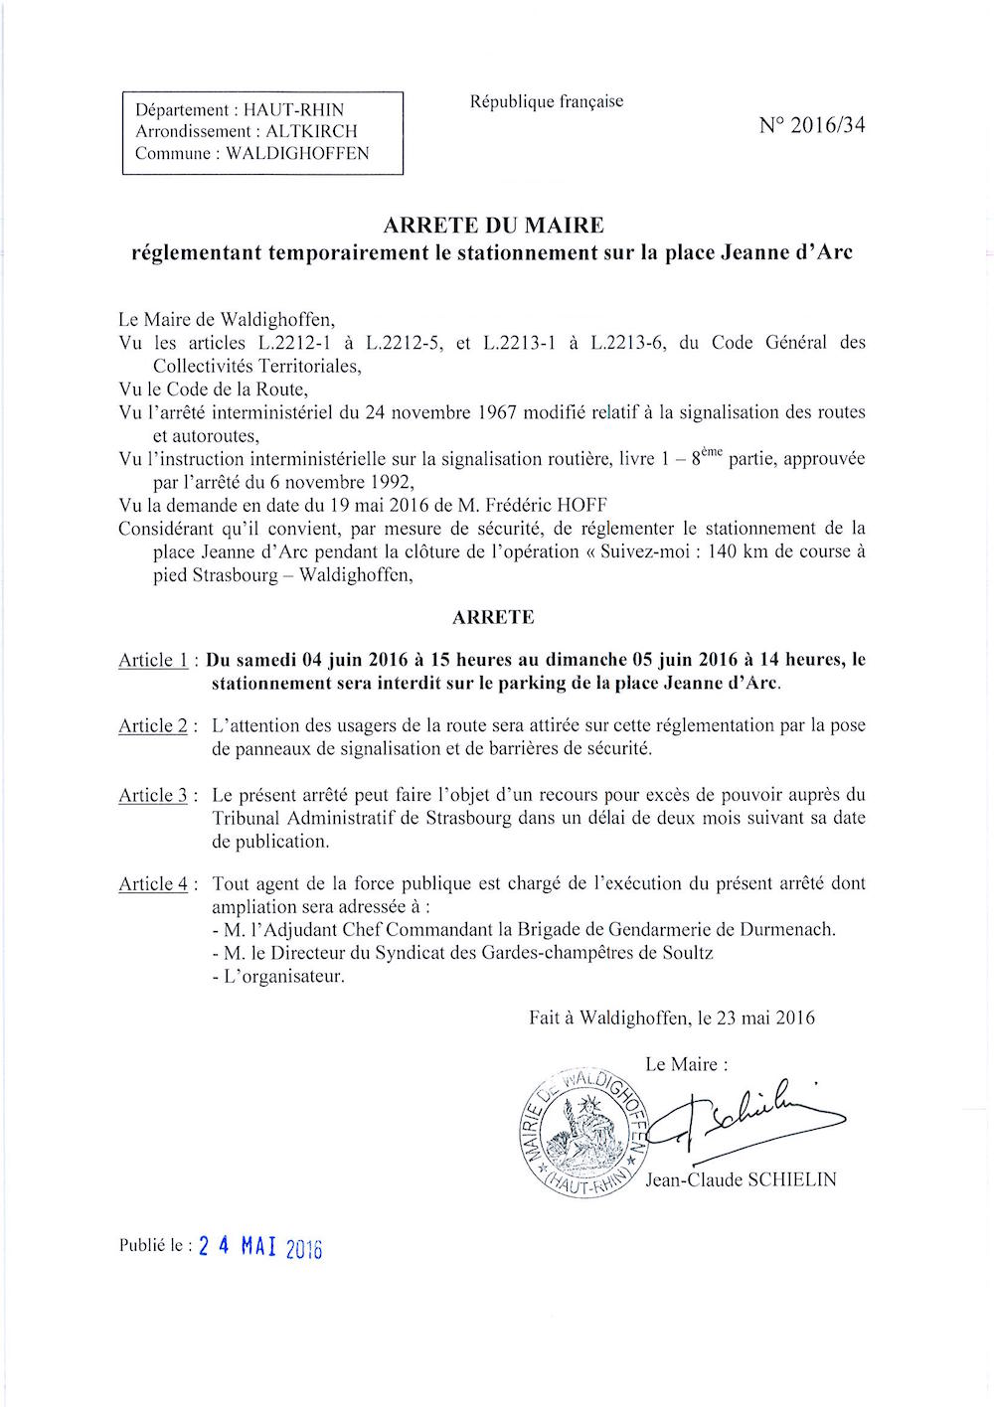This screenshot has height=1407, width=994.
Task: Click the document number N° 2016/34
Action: pos(811,125)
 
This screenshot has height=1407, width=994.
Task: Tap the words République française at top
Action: pos(547,101)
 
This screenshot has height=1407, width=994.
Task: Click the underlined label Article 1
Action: pos(153,661)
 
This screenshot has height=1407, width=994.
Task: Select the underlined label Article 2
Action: pos(153,726)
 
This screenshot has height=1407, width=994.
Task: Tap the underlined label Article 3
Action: pos(153,796)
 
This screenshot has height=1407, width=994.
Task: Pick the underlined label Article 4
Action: pos(153,884)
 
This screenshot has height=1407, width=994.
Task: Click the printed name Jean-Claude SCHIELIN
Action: pos(741,1180)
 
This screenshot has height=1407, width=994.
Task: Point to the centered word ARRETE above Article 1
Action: pos(493,617)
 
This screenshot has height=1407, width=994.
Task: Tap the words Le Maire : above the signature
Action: pos(686,1064)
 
